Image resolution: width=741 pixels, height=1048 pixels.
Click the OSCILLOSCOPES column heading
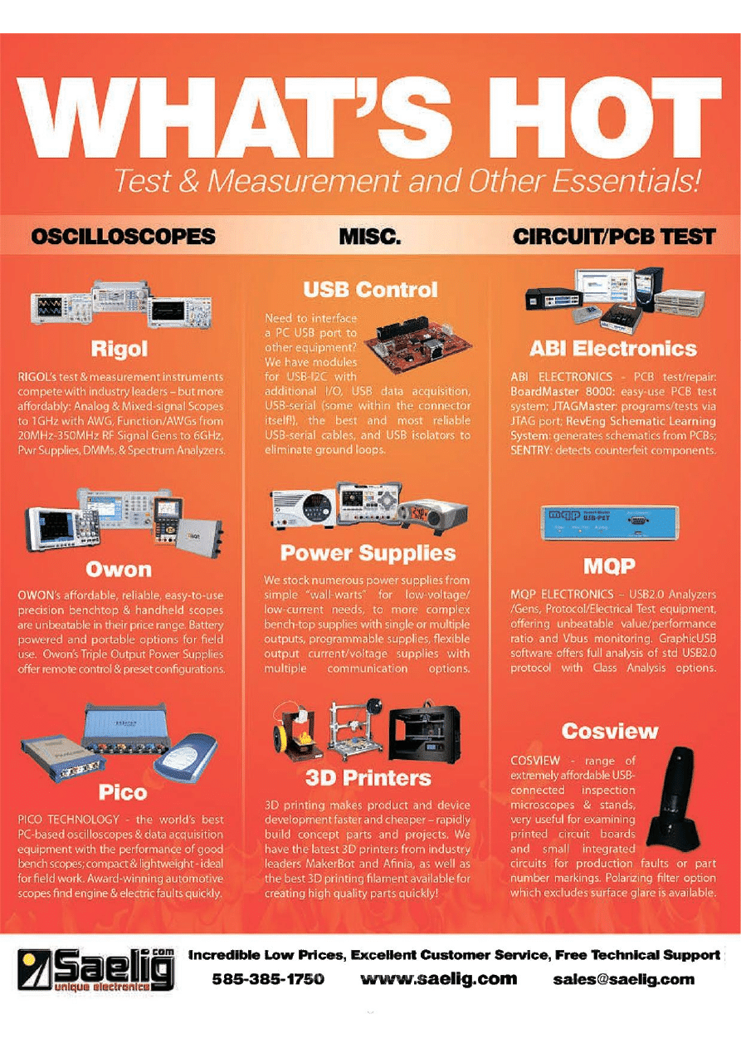point(124,237)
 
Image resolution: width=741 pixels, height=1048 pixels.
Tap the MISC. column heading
point(370,237)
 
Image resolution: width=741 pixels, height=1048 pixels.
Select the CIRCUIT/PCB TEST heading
point(614,237)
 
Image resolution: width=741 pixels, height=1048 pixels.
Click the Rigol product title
point(119,349)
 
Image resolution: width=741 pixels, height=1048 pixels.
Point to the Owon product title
point(119,570)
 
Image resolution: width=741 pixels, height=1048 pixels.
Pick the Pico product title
point(123,792)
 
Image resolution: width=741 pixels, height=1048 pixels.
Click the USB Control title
point(370,290)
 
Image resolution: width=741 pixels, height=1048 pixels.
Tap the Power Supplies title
point(368,553)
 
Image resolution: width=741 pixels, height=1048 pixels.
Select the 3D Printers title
point(368,778)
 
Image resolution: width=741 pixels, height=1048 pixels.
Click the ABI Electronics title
point(613,349)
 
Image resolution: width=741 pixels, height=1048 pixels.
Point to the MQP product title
point(610,566)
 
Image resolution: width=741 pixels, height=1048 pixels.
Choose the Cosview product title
point(610,732)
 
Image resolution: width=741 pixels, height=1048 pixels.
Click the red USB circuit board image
point(418,343)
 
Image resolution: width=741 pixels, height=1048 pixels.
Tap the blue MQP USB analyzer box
point(610,523)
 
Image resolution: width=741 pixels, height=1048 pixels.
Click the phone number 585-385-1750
point(268,979)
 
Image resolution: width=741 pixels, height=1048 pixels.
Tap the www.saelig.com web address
point(439,979)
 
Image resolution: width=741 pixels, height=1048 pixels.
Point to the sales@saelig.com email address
point(624,979)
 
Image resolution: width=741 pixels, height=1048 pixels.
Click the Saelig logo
point(95,970)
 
